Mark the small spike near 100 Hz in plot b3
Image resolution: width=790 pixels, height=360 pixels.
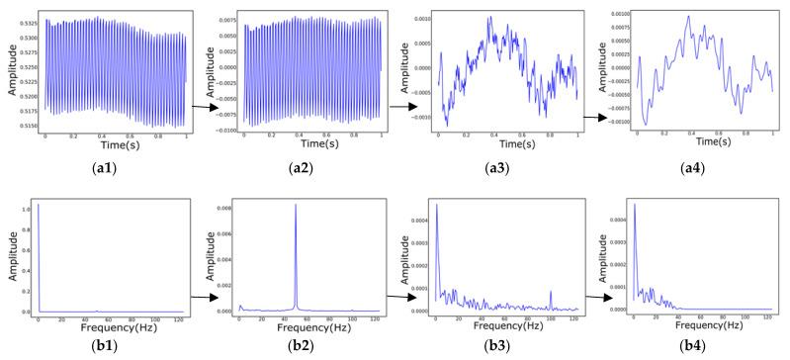click(x=550, y=293)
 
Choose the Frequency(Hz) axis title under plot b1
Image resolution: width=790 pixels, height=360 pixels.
click(x=111, y=325)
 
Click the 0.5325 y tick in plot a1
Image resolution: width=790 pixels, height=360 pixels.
click(x=28, y=20)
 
